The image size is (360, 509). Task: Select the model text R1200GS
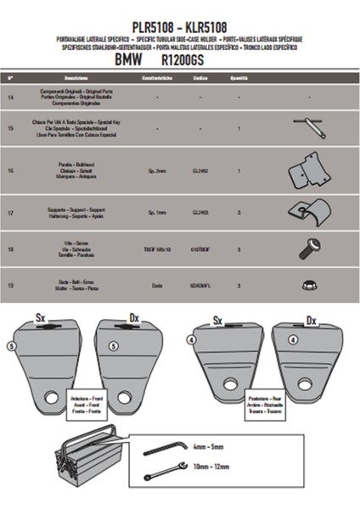[x=212, y=61]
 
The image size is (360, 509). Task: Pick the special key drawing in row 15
[x=311, y=128]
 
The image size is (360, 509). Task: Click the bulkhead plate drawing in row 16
[x=307, y=172]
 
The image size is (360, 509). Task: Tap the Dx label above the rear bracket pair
[x=310, y=322]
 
